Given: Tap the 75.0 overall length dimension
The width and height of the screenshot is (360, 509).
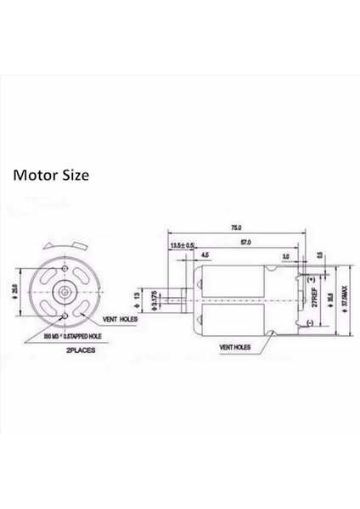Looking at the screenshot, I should (x=236, y=227).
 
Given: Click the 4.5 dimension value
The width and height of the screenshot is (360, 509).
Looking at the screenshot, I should (x=206, y=255).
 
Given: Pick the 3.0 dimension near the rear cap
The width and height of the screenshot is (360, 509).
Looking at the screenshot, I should (x=285, y=255).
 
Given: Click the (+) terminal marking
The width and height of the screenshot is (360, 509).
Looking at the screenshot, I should (x=310, y=278).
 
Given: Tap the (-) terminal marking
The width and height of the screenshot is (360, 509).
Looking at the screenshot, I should (x=310, y=323).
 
